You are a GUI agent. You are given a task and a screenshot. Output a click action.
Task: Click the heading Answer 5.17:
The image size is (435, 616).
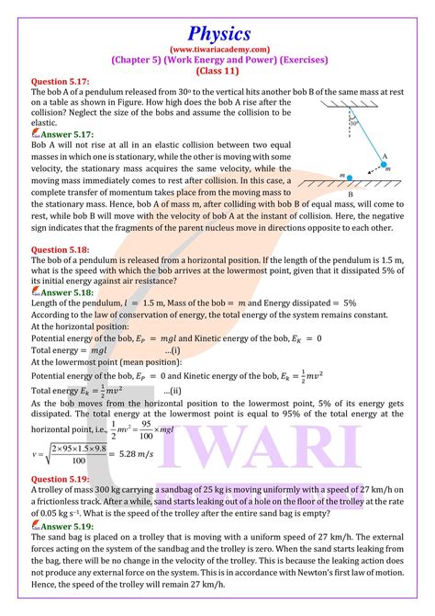(61, 133)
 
